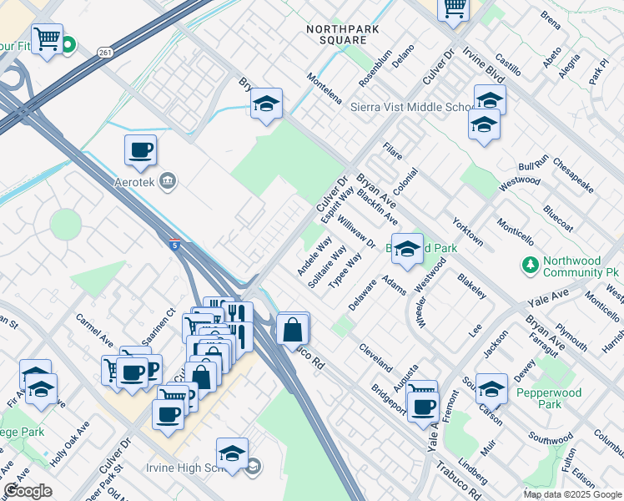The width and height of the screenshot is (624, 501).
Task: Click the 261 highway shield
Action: (x=103, y=53)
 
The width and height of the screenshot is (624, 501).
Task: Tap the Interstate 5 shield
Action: (x=172, y=244)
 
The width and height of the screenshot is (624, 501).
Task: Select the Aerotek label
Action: (x=137, y=180)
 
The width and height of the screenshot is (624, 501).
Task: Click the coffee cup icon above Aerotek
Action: (x=140, y=150)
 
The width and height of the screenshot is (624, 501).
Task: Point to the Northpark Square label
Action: (x=336, y=34)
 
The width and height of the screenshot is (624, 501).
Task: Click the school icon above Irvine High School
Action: (x=232, y=453)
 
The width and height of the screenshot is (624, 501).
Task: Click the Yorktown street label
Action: (x=467, y=231)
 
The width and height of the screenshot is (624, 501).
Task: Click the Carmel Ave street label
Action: (x=94, y=331)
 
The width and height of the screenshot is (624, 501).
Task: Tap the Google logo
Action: (x=28, y=491)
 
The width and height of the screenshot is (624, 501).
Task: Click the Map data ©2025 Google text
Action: (x=572, y=494)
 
